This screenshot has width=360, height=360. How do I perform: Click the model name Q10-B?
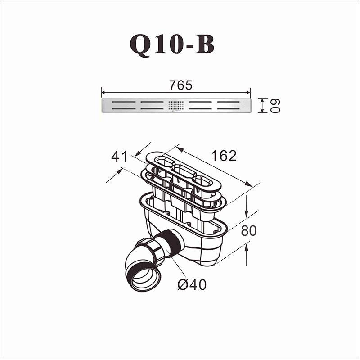tap(172, 44)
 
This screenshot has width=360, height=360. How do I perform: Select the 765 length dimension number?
tap(180, 85)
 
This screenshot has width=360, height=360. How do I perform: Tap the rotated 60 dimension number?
tap(275, 106)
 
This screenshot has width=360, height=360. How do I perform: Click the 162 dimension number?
tap(224, 155)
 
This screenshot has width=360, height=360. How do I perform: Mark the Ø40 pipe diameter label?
tap(192, 284)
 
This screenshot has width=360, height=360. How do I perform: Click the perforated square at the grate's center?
tap(176, 105)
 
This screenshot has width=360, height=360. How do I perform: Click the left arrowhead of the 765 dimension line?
tap(103, 93)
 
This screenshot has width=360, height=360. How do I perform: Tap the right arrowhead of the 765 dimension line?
tap(249, 93)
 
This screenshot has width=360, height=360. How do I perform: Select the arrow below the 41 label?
tap(115, 175)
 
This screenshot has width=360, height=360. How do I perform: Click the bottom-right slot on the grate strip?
tap(232, 108)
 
